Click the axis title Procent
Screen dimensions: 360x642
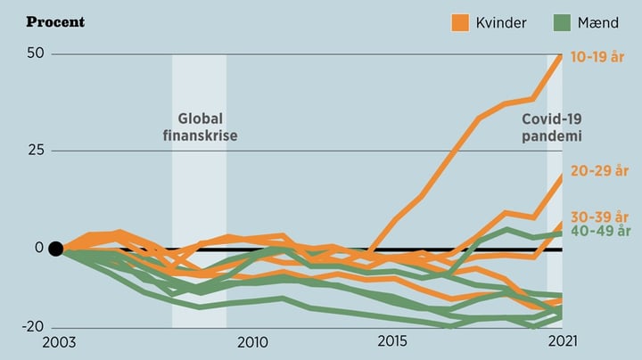pos(55,20)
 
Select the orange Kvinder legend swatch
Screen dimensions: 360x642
pos(461,21)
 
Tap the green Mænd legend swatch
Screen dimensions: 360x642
pos(563,21)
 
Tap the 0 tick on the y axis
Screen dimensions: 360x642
pos(38,248)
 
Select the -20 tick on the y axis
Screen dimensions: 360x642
pos(32,327)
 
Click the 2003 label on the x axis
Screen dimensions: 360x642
pos(55,342)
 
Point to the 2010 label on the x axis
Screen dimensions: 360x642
pos(252,342)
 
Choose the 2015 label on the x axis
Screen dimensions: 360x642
pos(392,342)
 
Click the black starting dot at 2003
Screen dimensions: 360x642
pos(55,249)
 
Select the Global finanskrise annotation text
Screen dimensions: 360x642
pos(200,127)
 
